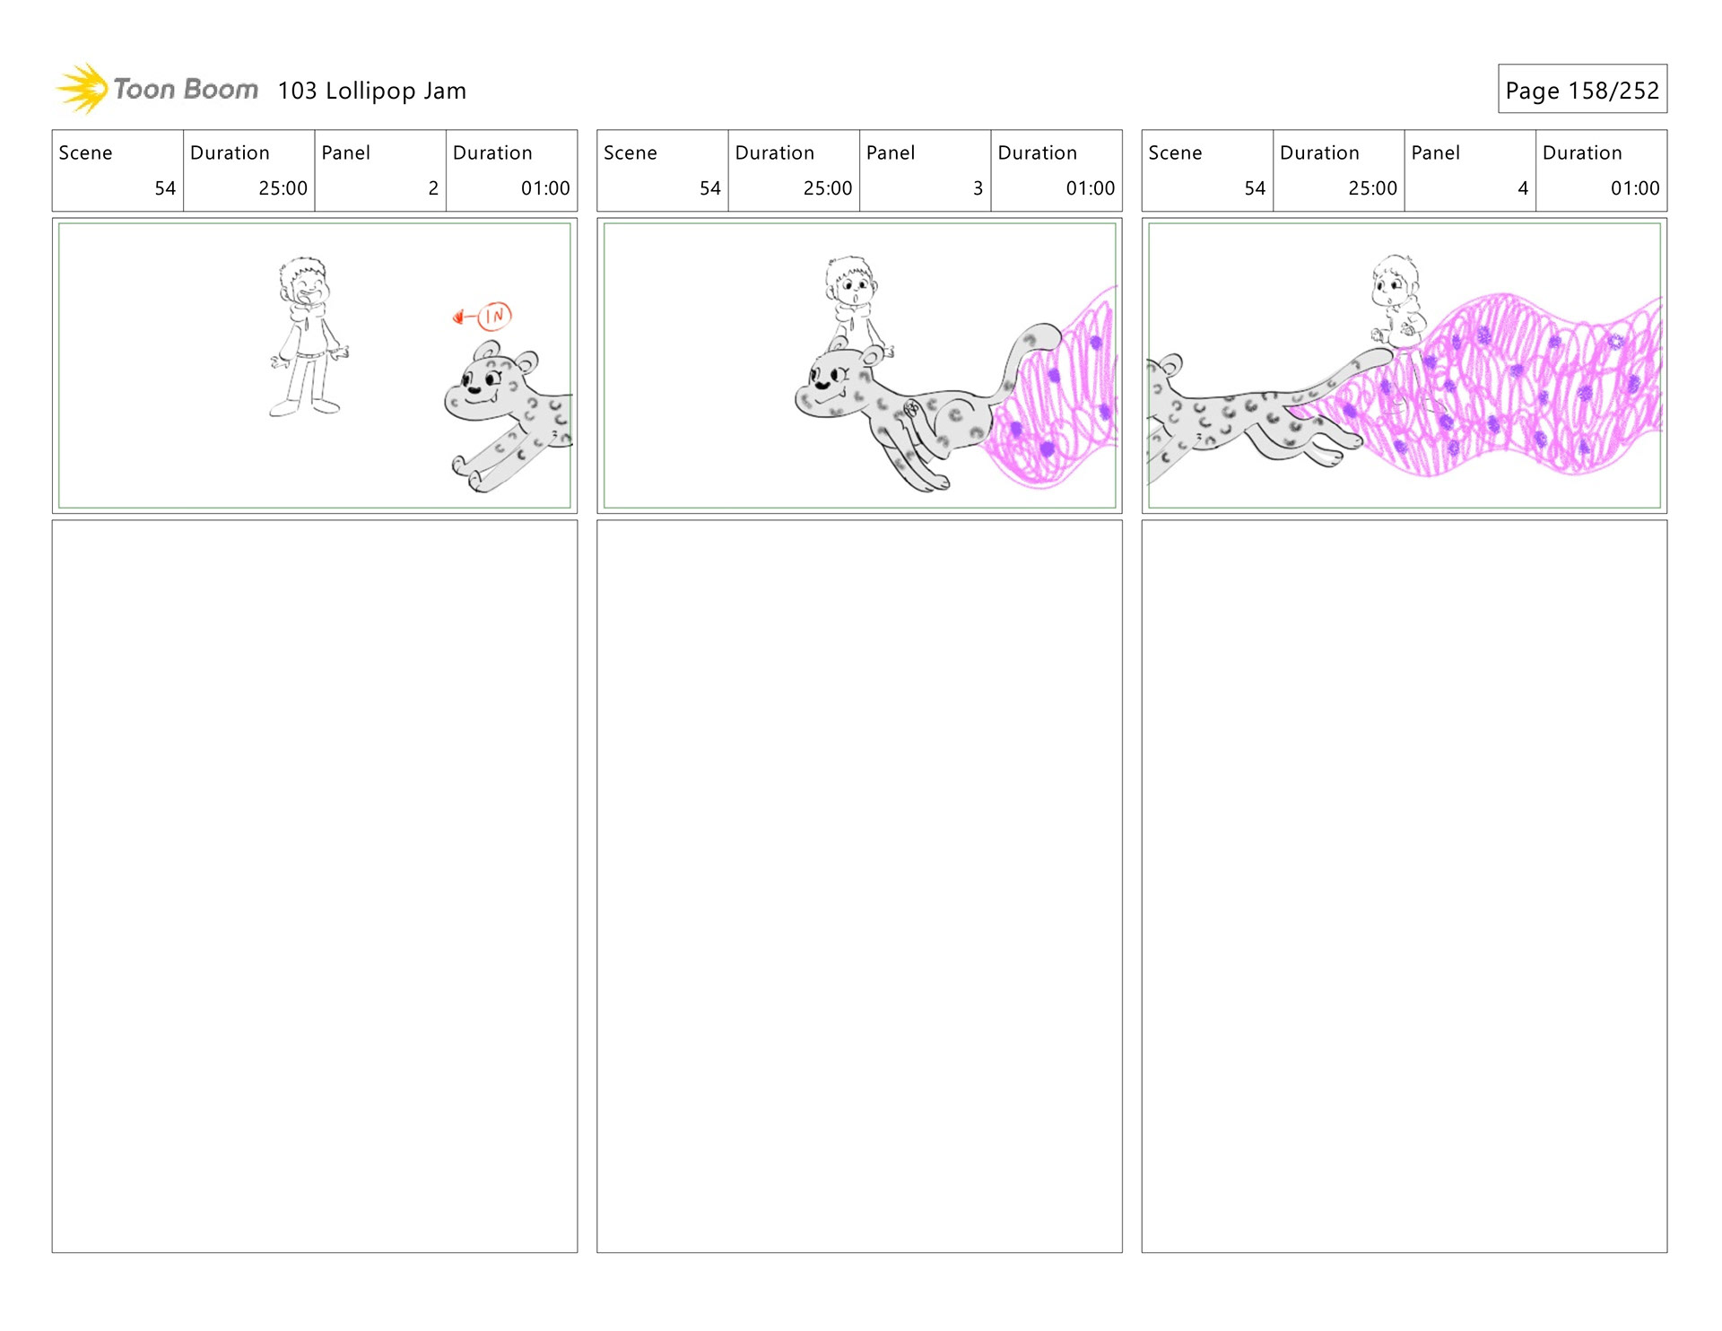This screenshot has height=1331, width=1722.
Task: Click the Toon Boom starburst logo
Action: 83,89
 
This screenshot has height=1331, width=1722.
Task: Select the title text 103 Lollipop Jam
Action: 371,91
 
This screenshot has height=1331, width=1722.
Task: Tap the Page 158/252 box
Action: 1582,89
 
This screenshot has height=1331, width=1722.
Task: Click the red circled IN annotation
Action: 494,316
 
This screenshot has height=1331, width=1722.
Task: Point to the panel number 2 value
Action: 433,188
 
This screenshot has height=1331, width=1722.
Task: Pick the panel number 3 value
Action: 978,188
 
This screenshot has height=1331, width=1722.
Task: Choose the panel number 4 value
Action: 1523,188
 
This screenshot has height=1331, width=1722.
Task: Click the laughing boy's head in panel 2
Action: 304,283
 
